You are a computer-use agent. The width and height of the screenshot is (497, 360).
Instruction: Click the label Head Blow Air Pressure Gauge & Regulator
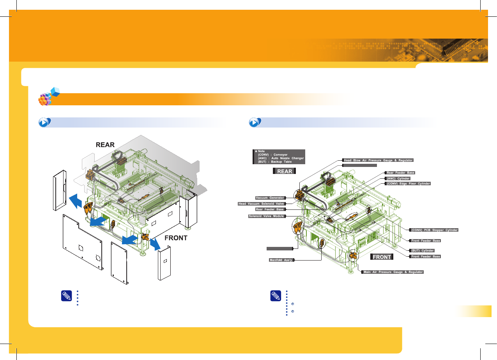pyautogui.click(x=377, y=160)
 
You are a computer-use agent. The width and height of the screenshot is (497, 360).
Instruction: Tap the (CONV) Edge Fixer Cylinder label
pyautogui.click(x=408, y=183)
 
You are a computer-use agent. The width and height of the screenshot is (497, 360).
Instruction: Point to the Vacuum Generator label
pyautogui.click(x=270, y=198)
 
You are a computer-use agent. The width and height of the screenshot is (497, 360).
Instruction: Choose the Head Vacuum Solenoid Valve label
pyautogui.click(x=262, y=204)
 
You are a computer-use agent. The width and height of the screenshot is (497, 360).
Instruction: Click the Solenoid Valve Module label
pyautogui.click(x=267, y=216)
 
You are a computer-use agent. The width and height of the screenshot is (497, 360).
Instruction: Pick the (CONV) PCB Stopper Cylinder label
pyautogui.click(x=434, y=230)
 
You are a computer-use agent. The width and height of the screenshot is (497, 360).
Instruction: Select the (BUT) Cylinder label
pyautogui.click(x=423, y=250)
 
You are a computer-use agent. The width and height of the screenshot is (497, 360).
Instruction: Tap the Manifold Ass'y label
pyautogui.click(x=281, y=260)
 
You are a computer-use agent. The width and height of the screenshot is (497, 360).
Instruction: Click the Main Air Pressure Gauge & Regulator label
pyautogui.click(x=393, y=272)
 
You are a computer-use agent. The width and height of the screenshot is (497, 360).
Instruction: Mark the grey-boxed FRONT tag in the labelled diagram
pyautogui.click(x=382, y=257)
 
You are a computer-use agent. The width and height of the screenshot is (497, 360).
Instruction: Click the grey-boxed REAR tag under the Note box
pyautogui.click(x=285, y=171)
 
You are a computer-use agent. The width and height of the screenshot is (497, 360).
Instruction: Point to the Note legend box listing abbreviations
pyautogui.click(x=279, y=156)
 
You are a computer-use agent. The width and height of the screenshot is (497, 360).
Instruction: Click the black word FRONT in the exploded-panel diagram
pyautogui.click(x=176, y=238)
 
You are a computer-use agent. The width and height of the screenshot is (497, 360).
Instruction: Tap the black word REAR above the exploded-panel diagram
pyautogui.click(x=105, y=144)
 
